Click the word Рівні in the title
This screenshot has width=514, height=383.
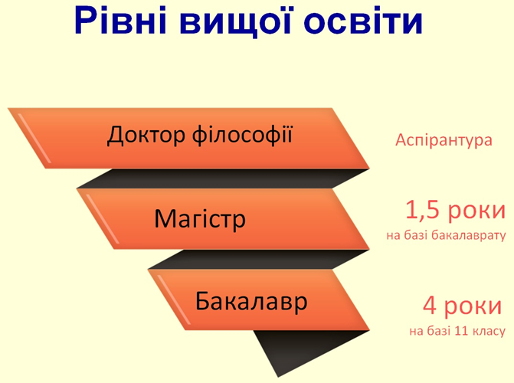[120, 21]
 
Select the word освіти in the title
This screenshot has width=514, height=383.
[363, 21]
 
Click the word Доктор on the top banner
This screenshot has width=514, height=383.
[146, 135]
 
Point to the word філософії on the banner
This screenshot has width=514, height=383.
[242, 134]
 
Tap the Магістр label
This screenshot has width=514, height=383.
[200, 218]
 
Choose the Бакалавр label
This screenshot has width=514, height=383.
[251, 301]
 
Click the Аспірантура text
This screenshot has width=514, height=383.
[444, 140]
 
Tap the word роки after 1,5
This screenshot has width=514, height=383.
[476, 211]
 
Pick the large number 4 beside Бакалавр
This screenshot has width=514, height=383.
[430, 306]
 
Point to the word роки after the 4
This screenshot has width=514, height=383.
[473, 306]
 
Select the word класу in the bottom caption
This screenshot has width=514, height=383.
[489, 332]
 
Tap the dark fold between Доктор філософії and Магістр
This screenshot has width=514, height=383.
[223, 178]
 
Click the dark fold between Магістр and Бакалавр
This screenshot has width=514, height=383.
[259, 260]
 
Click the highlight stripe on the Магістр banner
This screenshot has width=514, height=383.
[103, 219]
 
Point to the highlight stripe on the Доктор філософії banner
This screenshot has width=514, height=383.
[34, 138]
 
